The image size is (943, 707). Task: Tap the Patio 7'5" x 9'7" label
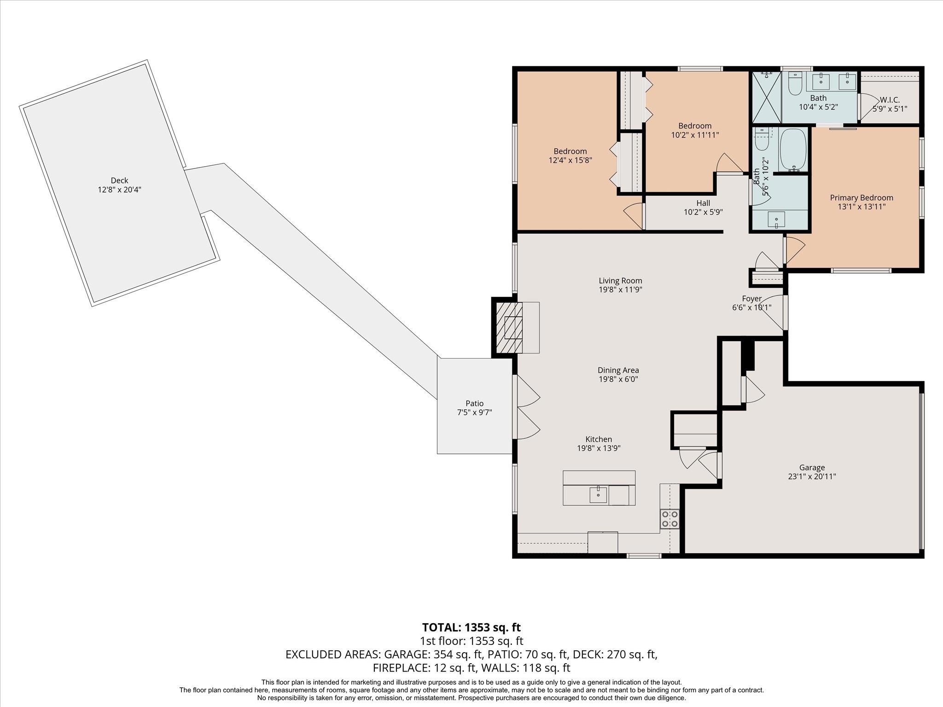(474, 408)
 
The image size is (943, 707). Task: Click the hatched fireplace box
(510, 328)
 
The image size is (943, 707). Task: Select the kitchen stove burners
(669, 519)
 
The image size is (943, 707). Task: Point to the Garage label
(812, 468)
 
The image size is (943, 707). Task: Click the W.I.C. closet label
(890, 100)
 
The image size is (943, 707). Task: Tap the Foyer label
(751, 299)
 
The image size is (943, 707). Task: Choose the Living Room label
(620, 281)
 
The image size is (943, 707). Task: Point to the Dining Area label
(618, 371)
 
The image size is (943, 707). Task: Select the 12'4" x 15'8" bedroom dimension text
(570, 161)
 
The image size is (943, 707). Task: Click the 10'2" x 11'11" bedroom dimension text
(695, 135)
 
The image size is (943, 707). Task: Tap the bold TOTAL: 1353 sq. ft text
(471, 627)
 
